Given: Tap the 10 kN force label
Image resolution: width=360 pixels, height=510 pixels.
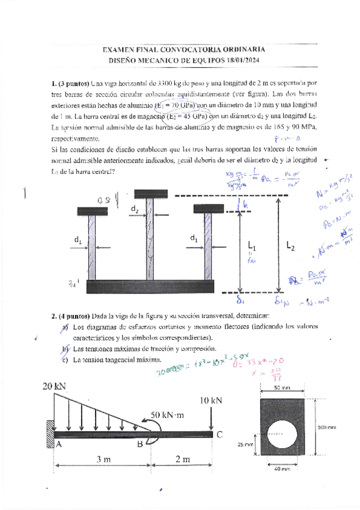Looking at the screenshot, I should tap(210, 400).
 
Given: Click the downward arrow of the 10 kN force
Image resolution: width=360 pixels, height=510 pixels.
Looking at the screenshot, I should tap(211, 418).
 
